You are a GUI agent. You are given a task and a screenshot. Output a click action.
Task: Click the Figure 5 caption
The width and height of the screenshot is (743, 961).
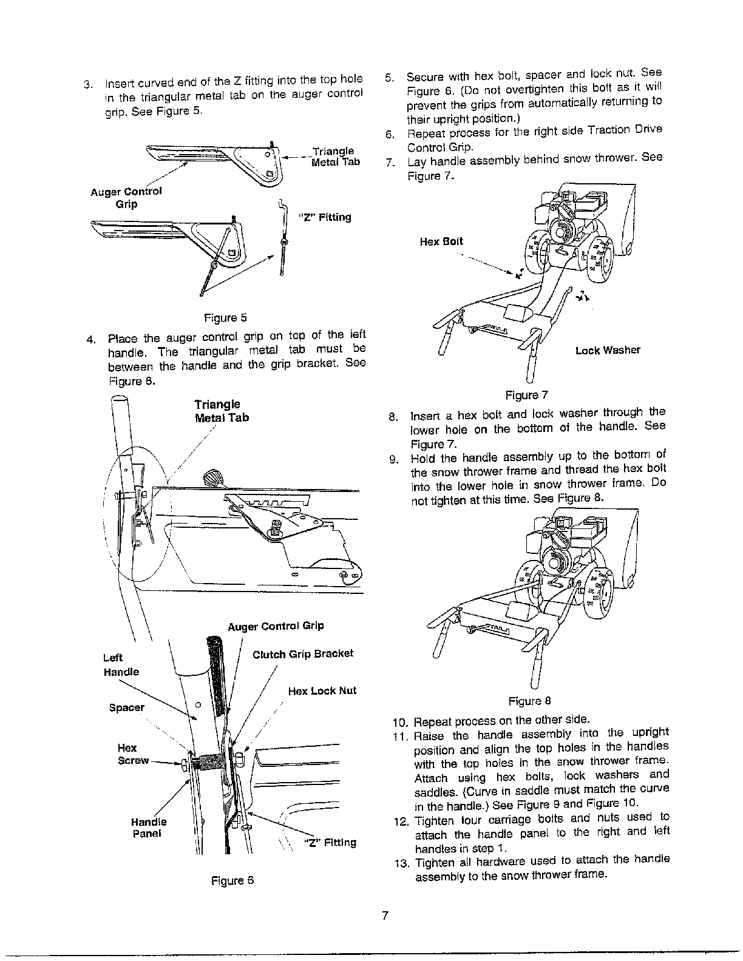click(x=225, y=318)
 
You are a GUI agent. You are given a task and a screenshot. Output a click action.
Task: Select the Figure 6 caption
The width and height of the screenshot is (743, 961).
click(x=232, y=880)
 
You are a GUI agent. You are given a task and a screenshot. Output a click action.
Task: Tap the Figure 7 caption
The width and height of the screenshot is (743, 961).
click(x=527, y=396)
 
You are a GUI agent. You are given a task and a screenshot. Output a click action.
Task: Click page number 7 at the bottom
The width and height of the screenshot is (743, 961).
click(x=385, y=916)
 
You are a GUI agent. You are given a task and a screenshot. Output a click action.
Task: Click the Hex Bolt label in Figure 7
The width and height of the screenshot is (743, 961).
click(x=441, y=241)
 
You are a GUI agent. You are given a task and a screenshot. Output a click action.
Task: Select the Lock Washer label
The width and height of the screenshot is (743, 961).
click(x=608, y=350)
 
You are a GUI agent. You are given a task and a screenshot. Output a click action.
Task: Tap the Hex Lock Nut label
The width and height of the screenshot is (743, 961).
click(x=322, y=690)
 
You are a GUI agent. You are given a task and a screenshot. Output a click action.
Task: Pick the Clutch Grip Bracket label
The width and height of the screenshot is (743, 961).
click(x=302, y=654)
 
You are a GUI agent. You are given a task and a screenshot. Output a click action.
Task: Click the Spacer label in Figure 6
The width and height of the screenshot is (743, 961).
click(x=126, y=707)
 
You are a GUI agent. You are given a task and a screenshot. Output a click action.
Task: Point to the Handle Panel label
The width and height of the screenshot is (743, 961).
click(x=148, y=828)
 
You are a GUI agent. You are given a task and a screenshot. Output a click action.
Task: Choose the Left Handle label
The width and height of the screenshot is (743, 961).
click(x=121, y=665)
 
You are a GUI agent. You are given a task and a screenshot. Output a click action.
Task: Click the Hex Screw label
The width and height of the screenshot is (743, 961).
click(x=129, y=754)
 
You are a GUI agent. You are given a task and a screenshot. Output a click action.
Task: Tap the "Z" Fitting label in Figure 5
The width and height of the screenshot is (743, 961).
click(x=325, y=217)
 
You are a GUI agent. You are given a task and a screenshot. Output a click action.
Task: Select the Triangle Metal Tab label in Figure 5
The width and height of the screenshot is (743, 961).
click(x=334, y=157)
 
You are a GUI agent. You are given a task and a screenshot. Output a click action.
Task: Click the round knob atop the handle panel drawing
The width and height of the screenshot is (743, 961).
click(x=214, y=477)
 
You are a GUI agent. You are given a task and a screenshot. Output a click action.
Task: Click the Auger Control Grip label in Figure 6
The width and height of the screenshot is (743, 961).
click(x=276, y=625)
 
